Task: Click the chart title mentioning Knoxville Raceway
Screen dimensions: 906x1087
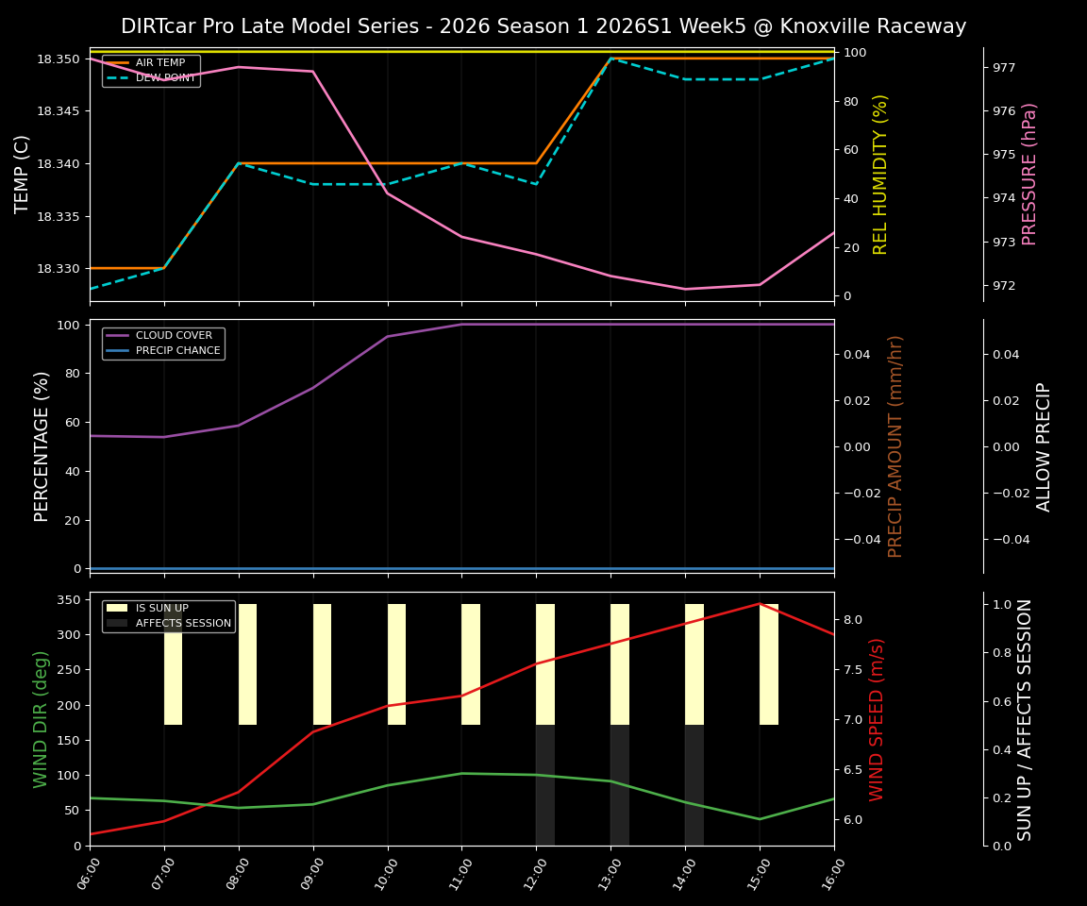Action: point(543,26)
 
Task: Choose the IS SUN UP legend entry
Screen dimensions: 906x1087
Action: point(161,609)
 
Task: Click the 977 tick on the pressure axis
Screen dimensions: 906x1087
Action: point(1004,68)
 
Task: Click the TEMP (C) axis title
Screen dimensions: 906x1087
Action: point(23,174)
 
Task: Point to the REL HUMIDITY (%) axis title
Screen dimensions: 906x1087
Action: point(880,174)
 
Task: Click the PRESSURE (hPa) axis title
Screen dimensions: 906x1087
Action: point(1029,174)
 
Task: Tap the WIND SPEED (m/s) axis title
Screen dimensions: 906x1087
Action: point(877,719)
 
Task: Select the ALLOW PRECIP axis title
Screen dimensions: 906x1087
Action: point(1044,446)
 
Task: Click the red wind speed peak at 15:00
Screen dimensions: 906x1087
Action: point(760,604)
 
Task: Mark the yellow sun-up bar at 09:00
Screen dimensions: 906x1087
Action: point(322,664)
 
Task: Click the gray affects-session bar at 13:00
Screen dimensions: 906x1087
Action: point(619,785)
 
